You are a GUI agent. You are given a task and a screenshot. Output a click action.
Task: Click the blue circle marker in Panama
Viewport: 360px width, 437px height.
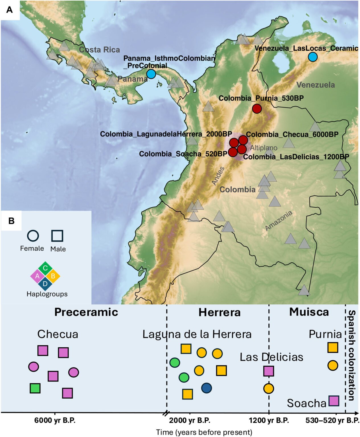151,74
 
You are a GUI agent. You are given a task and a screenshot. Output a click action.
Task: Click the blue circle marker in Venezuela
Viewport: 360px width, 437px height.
312,57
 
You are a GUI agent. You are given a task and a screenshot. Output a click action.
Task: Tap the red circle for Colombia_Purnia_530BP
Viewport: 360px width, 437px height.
257,108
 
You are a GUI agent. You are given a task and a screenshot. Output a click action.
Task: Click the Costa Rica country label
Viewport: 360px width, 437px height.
99,50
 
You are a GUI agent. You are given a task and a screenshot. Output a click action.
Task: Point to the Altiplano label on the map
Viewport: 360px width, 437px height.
264,148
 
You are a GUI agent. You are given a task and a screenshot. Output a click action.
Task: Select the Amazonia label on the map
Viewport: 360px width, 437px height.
279,220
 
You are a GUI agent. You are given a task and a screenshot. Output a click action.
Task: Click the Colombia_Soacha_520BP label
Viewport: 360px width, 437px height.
183,154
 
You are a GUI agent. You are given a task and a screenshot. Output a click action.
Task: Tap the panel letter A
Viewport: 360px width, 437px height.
10,10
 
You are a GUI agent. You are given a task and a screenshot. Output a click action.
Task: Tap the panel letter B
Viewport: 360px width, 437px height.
11,221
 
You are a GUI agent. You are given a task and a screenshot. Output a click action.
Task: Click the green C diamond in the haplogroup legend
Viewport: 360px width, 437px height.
45,268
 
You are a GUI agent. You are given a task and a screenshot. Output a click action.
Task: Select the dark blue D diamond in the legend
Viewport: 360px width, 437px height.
45,284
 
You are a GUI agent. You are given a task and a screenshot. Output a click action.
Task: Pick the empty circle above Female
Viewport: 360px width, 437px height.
33,236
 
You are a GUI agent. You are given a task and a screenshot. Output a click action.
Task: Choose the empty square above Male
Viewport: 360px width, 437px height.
57,236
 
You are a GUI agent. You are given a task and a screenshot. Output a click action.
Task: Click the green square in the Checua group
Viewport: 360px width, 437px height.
35,388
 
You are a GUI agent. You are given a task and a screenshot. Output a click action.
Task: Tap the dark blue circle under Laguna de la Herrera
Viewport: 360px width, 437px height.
206,388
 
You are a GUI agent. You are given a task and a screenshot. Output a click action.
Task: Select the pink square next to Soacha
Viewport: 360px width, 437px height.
334,401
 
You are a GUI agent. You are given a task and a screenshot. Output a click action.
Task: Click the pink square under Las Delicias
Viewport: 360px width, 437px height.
269,371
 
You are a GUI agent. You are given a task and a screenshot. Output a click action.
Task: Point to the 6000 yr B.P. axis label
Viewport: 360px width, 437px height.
55,420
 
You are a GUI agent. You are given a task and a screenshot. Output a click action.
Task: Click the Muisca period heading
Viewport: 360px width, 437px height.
309,312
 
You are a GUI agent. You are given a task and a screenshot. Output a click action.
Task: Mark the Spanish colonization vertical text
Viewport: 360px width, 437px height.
352,355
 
